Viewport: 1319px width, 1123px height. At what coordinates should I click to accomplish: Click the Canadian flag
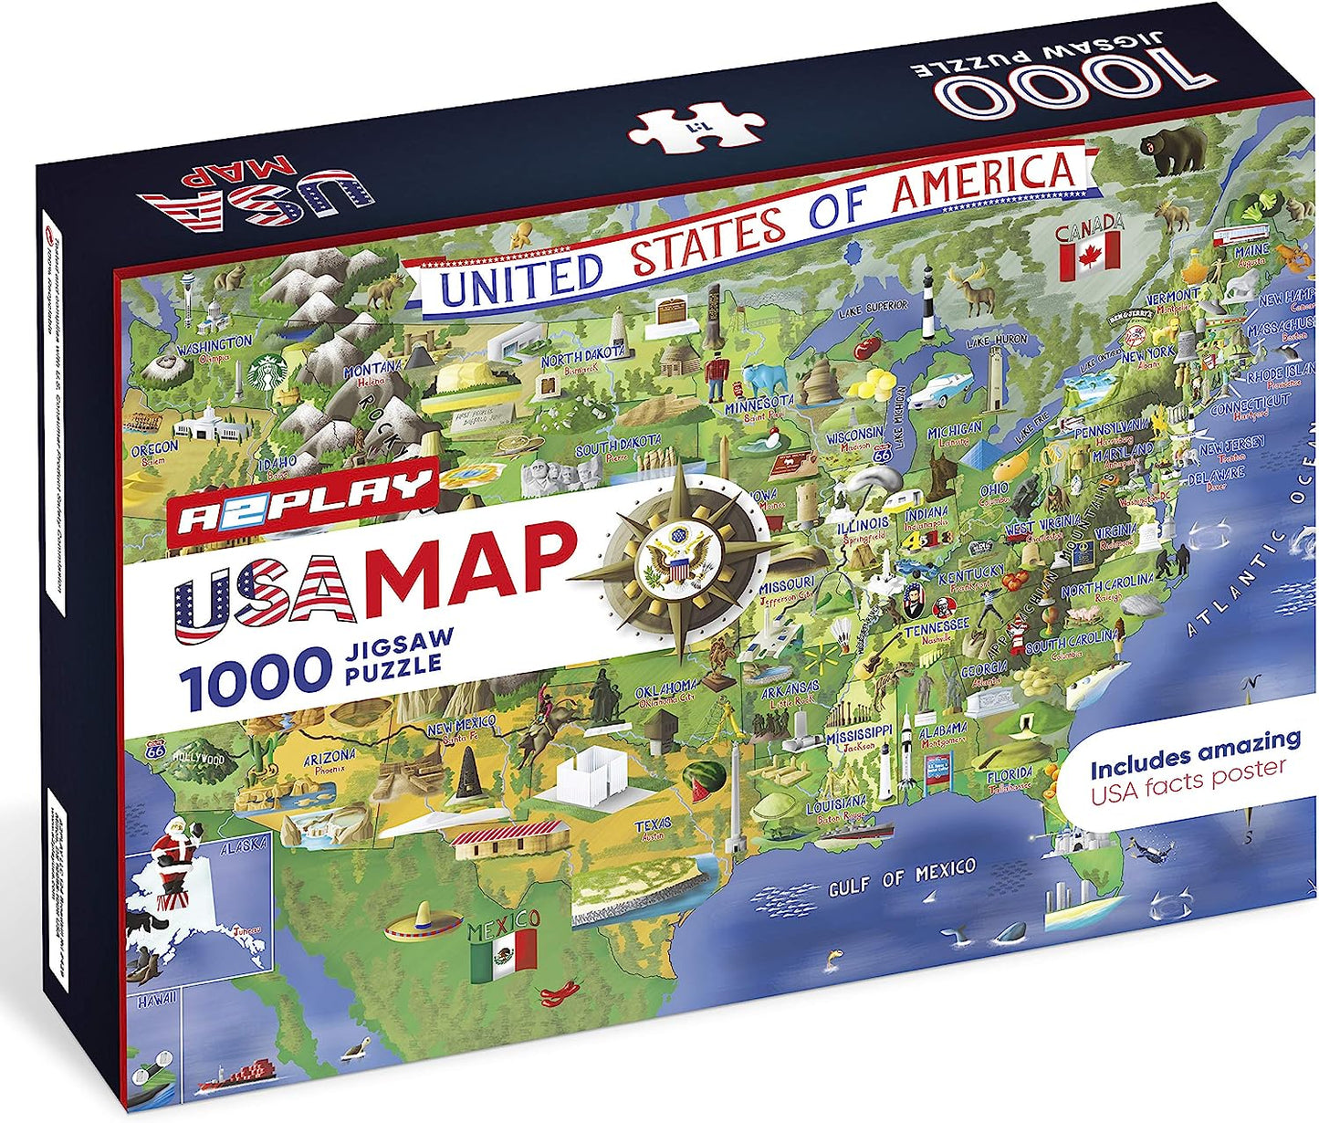(x=1089, y=252)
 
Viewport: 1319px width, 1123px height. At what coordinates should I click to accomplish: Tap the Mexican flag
(x=503, y=950)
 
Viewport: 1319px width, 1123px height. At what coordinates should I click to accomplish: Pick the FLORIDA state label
(x=1009, y=775)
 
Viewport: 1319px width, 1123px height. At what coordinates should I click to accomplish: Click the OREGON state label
(x=154, y=449)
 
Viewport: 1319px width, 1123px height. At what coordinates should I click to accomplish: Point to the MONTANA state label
(x=372, y=370)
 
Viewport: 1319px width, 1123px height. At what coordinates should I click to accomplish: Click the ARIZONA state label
(x=329, y=757)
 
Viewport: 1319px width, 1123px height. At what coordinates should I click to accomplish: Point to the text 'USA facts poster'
(x=1188, y=782)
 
